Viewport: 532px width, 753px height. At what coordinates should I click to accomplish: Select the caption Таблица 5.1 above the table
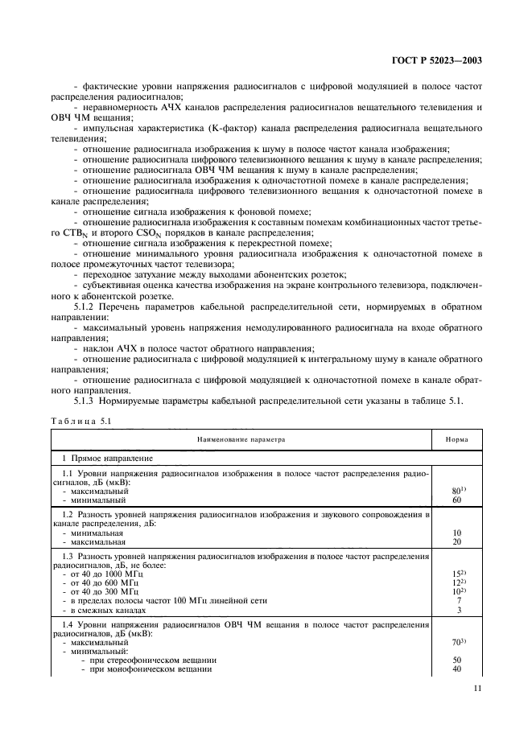(x=80, y=420)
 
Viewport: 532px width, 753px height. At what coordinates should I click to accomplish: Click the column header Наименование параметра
(x=242, y=440)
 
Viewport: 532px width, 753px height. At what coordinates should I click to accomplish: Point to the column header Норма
(x=457, y=440)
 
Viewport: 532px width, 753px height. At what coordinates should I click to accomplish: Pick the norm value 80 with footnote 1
(x=457, y=490)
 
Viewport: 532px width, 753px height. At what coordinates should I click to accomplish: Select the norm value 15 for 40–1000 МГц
(x=457, y=573)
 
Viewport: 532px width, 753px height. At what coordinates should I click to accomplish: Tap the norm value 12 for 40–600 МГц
(x=457, y=582)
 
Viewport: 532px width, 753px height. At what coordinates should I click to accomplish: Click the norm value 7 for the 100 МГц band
(x=457, y=601)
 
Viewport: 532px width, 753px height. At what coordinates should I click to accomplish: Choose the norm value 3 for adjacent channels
(x=457, y=611)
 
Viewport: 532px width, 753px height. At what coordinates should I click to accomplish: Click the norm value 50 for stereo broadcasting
(x=457, y=660)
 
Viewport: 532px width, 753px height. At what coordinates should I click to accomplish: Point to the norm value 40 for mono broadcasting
(x=457, y=669)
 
